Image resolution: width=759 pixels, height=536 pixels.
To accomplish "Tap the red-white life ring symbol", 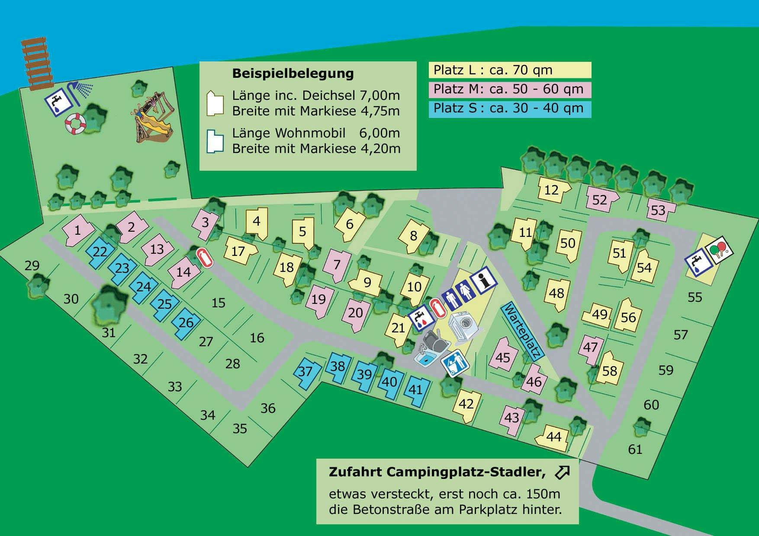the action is tap(76, 124).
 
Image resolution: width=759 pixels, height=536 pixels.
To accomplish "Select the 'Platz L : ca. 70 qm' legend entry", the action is tap(510, 70).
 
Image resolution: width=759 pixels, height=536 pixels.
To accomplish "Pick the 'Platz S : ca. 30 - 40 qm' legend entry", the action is tap(510, 108).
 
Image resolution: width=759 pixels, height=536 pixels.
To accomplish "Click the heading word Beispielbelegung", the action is tap(293, 73).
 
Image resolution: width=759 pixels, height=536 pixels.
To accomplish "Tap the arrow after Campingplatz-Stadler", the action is tap(562, 472).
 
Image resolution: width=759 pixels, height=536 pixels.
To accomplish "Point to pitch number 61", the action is tap(635, 450).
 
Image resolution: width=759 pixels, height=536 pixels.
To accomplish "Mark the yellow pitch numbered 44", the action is tap(551, 437).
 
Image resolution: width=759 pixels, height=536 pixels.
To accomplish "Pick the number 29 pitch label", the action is tap(32, 265).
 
